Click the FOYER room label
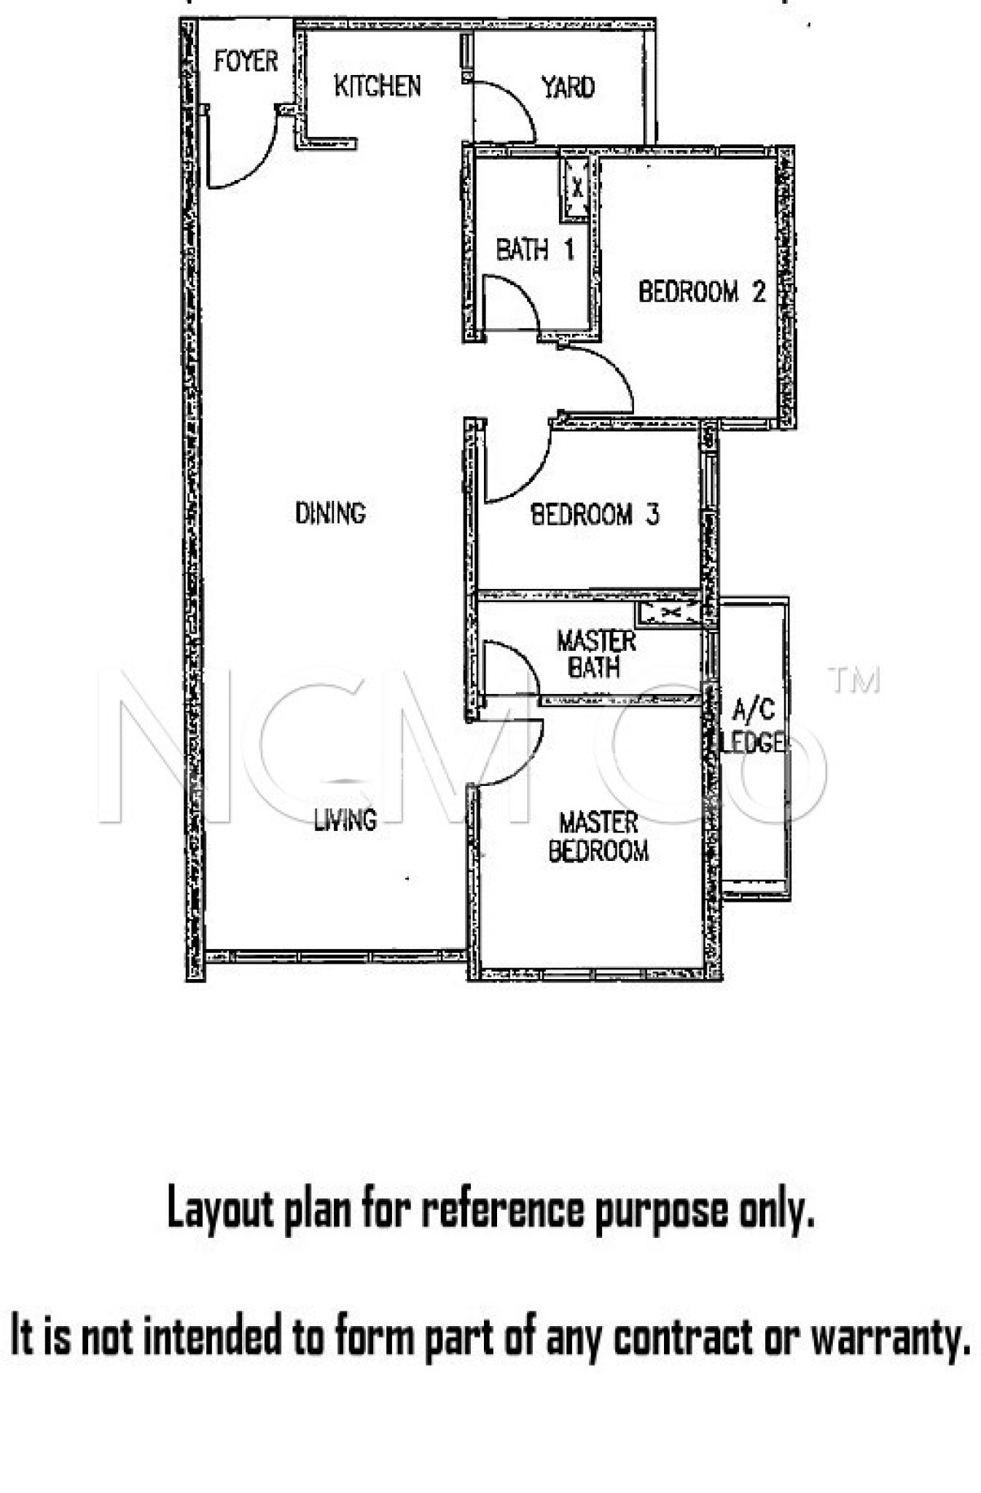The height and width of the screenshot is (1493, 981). click(246, 61)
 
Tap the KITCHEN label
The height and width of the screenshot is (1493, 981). click(378, 86)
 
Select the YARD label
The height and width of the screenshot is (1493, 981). click(568, 87)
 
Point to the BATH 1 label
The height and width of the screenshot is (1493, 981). click(535, 250)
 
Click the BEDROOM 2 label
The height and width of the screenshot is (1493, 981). click(702, 292)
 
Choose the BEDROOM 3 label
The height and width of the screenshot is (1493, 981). click(595, 515)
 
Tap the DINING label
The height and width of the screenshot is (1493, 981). click(330, 513)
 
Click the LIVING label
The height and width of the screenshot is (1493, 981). click(345, 820)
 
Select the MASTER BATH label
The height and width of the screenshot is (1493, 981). click(596, 654)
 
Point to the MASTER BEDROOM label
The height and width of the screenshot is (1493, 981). click(598, 837)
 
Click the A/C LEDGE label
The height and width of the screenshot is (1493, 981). click(752, 726)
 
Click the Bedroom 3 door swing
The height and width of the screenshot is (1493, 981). click(530, 478)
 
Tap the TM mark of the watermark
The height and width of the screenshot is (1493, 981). click(855, 680)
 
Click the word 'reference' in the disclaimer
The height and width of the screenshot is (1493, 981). click(502, 1210)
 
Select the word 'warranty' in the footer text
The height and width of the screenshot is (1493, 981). click(890, 1336)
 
